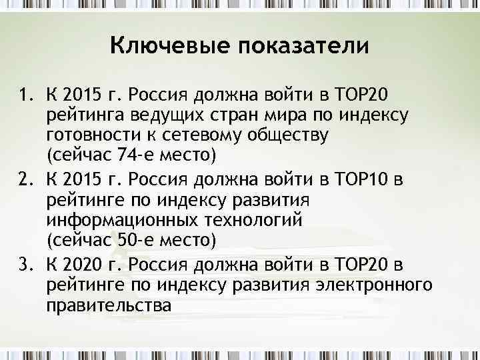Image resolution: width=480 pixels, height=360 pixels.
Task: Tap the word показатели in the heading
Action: (294, 46)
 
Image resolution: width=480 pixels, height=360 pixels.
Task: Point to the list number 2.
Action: (25, 179)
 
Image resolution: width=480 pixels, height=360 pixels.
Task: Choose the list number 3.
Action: (25, 265)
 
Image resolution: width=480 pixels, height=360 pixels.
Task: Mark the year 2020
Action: (89, 265)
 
